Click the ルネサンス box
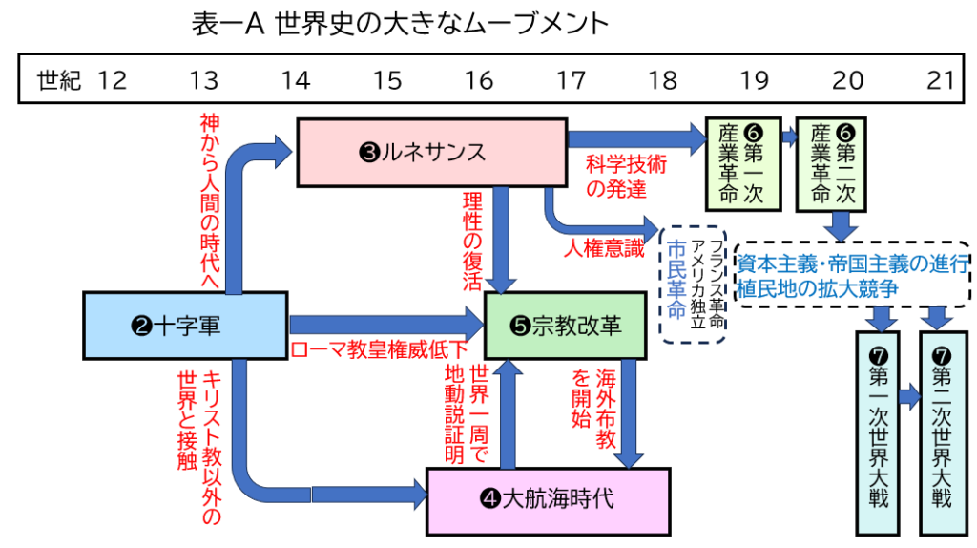432,152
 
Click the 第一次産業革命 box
741,163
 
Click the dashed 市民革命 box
694,283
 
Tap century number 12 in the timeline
112,80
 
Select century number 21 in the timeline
940,80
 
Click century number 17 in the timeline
571,80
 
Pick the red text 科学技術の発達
626,176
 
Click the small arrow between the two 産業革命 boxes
788,137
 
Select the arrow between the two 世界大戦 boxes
907,392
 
